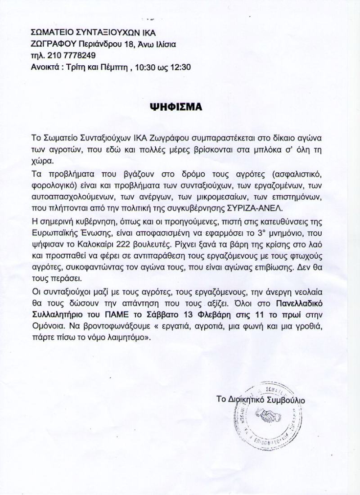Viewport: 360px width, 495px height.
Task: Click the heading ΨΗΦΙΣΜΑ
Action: point(176,108)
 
